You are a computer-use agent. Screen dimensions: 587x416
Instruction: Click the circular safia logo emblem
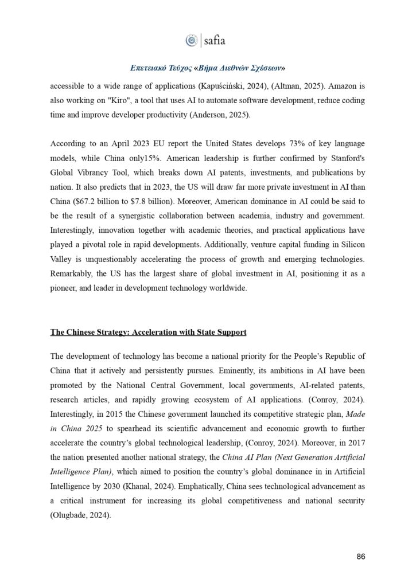(x=191, y=40)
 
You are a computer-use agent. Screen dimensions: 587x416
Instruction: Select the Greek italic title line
(x=208, y=68)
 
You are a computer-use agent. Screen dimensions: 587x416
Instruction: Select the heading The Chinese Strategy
(x=141, y=332)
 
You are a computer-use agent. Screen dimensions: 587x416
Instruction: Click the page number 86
(x=361, y=557)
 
